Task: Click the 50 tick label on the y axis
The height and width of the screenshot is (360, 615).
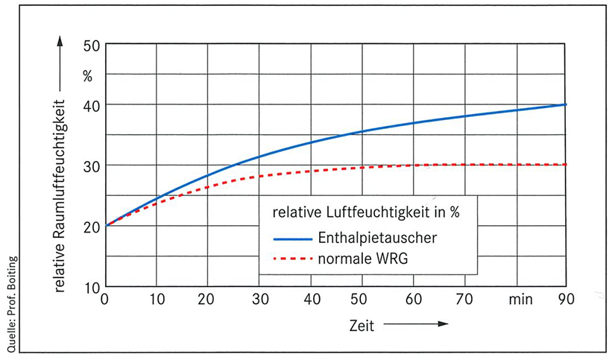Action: point(90,45)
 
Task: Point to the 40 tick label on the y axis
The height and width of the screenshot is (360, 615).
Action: point(90,105)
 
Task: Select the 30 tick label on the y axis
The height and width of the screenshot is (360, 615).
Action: point(90,165)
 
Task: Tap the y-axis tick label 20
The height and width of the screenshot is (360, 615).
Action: point(90,226)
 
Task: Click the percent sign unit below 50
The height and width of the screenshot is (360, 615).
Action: point(88,75)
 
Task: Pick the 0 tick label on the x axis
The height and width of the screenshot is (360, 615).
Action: point(105,300)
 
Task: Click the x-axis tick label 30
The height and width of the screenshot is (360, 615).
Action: point(259,300)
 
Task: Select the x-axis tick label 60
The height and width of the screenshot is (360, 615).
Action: point(414,300)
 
